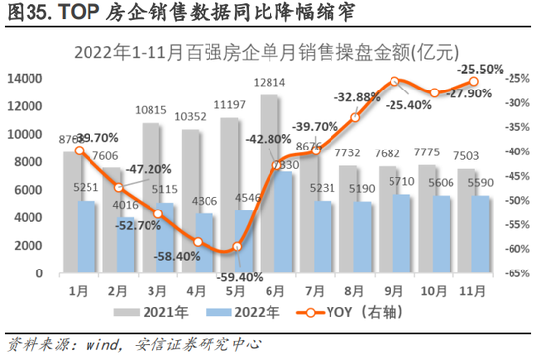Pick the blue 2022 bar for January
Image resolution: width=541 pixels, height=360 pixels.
click(x=89, y=238)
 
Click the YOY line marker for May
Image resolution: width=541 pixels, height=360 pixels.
click(x=237, y=247)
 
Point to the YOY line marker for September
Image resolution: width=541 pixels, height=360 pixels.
click(x=393, y=81)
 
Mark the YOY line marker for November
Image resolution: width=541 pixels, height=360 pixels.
click(x=473, y=82)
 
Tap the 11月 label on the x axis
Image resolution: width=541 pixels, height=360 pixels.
click(x=471, y=291)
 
